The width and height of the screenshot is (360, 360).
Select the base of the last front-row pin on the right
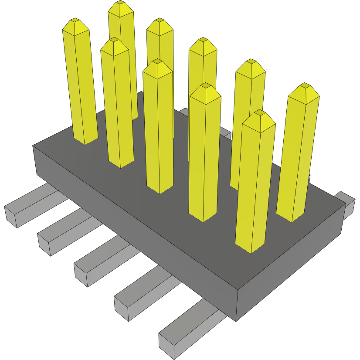click(250, 248)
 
